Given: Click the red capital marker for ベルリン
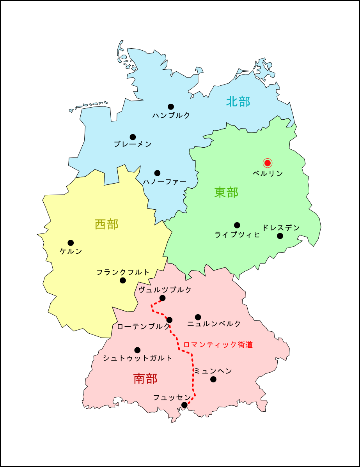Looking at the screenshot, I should click(267, 163).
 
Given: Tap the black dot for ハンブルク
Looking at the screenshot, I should click(171, 107).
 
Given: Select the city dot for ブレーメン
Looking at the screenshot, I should click(133, 137).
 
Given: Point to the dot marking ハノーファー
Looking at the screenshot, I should click(157, 173).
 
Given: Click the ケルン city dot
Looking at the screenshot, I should click(71, 243).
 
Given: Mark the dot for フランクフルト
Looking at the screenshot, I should click(123, 280).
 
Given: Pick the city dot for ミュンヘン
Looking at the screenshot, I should click(213, 379).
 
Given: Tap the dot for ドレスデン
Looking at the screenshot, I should click(280, 236).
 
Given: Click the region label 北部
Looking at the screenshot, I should click(238, 102).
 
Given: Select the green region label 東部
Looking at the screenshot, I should click(226, 192).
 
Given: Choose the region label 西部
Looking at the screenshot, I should click(106, 225).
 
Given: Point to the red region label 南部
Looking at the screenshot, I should click(145, 379).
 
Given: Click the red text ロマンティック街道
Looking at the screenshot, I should click(218, 345).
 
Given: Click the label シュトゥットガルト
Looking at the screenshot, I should click(137, 358).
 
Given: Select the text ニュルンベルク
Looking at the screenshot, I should click(214, 324).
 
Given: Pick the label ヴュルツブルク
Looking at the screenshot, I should click(165, 290).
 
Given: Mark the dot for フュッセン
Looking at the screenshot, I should click(184, 405).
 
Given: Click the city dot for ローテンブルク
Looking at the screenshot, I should click(169, 320).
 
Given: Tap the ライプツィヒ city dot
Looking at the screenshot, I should click(237, 225).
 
